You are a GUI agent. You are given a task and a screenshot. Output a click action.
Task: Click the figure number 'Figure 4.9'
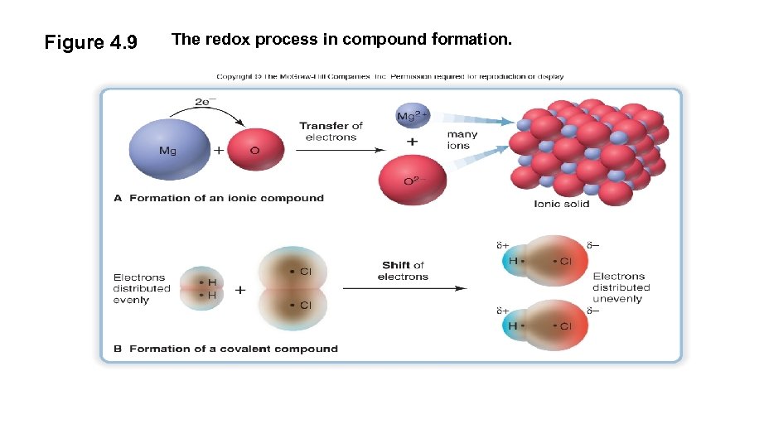[90, 42]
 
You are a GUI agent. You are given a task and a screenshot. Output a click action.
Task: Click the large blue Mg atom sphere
[169, 150]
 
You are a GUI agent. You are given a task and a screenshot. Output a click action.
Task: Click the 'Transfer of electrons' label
[331, 131]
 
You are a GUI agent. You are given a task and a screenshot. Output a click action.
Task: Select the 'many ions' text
[461, 139]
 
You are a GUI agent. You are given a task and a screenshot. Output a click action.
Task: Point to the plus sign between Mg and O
[219, 152]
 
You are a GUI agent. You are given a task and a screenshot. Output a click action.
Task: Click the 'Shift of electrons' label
[403, 270]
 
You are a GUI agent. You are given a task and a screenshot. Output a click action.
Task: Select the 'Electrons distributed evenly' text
[142, 288]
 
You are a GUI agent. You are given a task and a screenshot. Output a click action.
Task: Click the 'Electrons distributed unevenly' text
[621, 287]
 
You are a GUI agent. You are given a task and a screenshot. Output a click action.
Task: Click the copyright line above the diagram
[389, 76]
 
